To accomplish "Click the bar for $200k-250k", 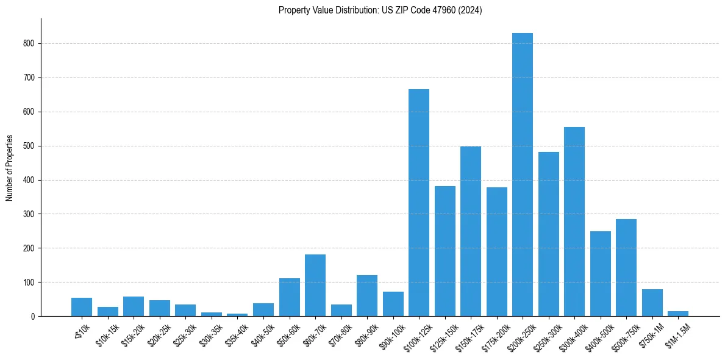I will click(523, 175).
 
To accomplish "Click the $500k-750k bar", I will click(626, 268).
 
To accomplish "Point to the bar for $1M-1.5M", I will click(678, 314).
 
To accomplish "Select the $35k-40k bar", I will click(237, 315).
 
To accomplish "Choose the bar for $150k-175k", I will click(471, 231).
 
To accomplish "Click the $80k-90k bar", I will click(367, 296).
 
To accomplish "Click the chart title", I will click(380, 10).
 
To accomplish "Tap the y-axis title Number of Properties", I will click(10, 167).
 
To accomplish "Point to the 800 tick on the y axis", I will click(29, 44).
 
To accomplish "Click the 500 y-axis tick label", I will click(29, 146).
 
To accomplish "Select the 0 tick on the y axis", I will click(33, 317).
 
